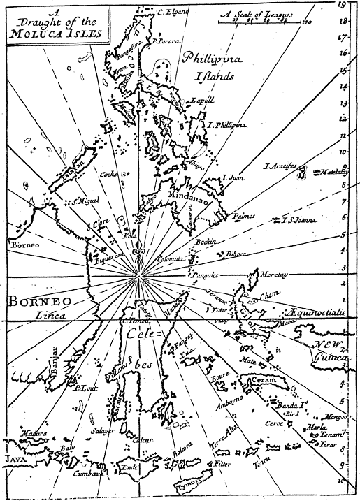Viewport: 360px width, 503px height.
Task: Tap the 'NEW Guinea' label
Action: point(329,351)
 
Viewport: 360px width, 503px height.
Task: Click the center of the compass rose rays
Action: point(138,278)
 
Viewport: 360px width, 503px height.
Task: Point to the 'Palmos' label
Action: point(244,216)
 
